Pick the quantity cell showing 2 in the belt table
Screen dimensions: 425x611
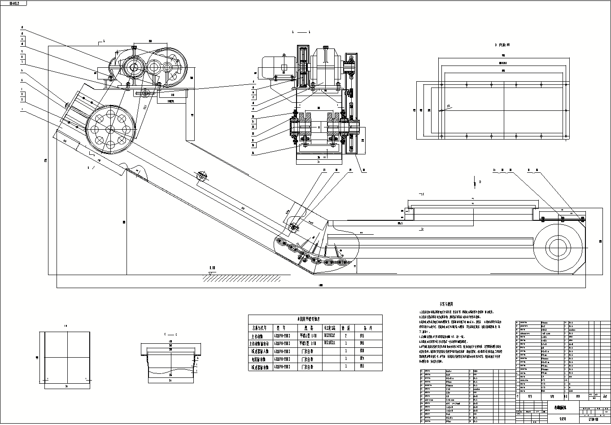click(345, 335)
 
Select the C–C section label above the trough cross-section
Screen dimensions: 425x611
click(170, 335)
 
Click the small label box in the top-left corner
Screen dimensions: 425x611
click(13, 3)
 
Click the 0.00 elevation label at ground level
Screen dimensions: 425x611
click(212, 268)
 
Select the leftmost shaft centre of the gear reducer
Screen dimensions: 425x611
click(133, 68)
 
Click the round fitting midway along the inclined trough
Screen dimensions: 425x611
click(201, 176)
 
